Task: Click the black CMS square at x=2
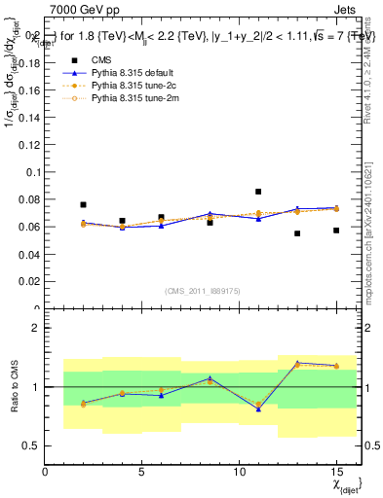pos(84,205)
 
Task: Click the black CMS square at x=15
pos(336,231)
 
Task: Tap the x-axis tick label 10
pos(239,472)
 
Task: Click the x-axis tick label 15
pos(336,472)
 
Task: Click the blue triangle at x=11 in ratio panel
pos(258,409)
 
